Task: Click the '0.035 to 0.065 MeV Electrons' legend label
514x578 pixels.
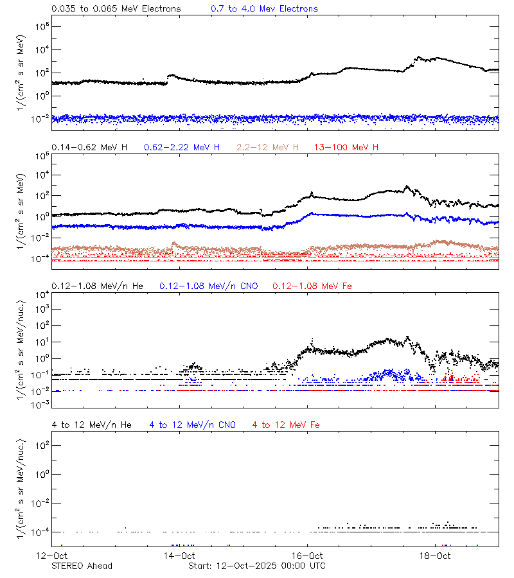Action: [116, 9]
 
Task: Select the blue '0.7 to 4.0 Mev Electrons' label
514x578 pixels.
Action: [264, 9]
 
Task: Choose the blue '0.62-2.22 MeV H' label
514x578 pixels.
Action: [182, 148]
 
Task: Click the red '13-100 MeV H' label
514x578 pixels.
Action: [346, 148]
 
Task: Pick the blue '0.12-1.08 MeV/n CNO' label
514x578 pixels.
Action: [208, 286]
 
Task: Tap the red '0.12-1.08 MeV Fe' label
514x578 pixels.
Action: [312, 286]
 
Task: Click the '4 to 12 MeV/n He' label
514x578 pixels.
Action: [91, 425]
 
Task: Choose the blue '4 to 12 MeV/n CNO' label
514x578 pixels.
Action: [192, 425]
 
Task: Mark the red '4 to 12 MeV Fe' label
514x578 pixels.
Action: [286, 425]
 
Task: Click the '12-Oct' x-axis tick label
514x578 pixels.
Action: [51, 556]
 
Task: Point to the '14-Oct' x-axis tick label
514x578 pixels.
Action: [179, 556]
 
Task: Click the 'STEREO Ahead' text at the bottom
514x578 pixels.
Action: [82, 566]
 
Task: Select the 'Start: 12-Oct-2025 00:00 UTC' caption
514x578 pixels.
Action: [256, 566]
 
